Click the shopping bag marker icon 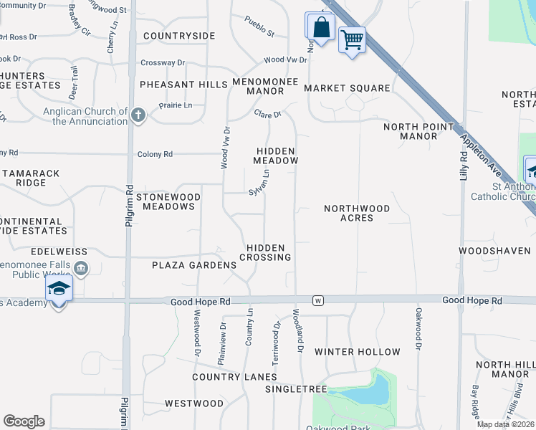coord(321,27)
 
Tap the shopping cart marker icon coord(352,39)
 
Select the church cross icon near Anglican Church coord(138,114)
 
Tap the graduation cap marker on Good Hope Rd coord(59,290)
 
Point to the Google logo coord(24,421)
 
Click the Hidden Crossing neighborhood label coord(265,252)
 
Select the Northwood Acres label coord(357,213)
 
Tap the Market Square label coord(347,88)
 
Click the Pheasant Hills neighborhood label coord(183,85)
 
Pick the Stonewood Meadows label coord(166,201)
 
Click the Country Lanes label coord(234,377)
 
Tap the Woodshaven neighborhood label coord(494,251)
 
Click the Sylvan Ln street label coord(259,182)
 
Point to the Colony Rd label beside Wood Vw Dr coord(158,154)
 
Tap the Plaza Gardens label coord(193,265)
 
